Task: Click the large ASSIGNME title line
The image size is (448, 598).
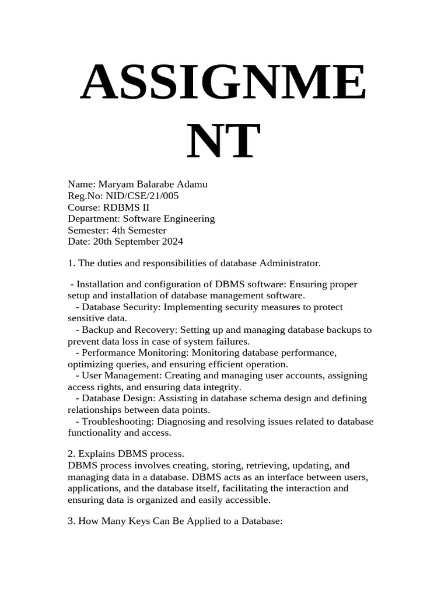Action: tap(223, 84)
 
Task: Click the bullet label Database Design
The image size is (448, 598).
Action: tap(115, 398)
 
